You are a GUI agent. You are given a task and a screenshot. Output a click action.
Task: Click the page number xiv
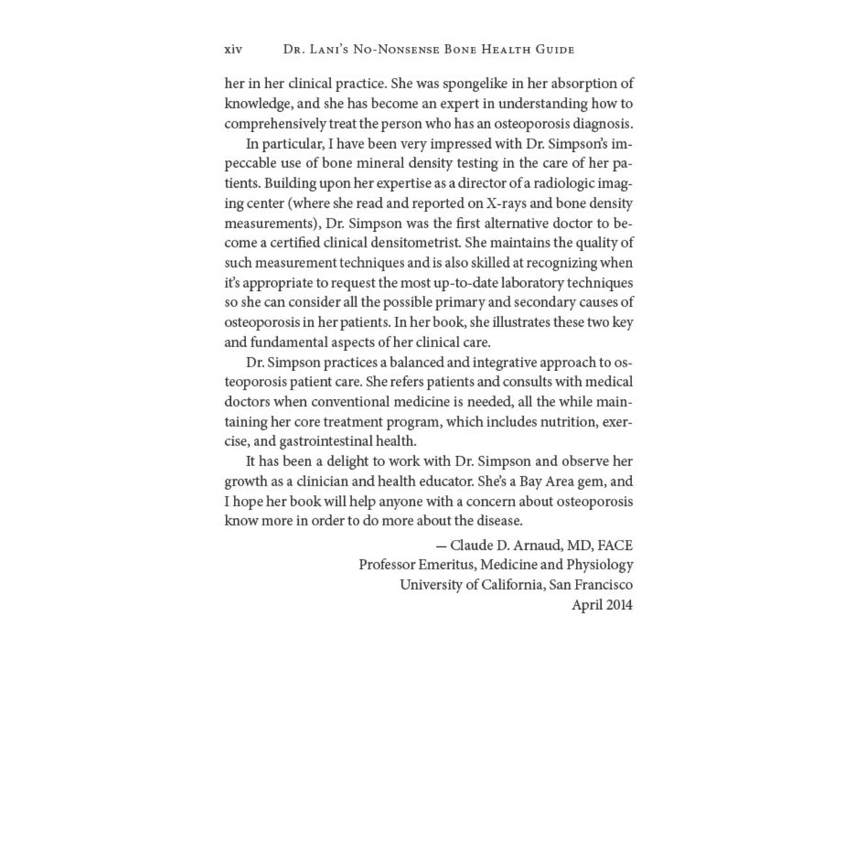click(233, 50)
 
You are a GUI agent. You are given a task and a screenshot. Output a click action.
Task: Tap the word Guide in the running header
click(554, 50)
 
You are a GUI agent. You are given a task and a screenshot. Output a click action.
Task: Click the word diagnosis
click(601, 123)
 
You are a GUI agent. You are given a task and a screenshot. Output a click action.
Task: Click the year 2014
click(619, 605)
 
